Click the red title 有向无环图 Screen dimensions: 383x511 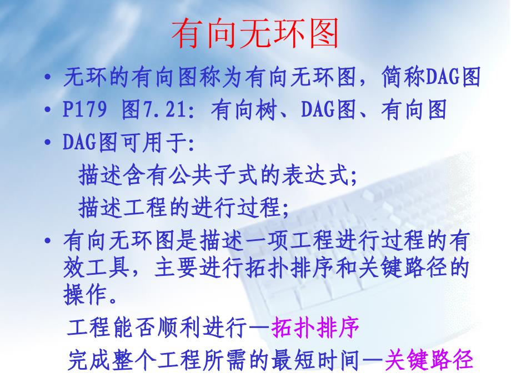(x=255, y=34)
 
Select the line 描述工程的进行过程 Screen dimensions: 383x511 (x=183, y=209)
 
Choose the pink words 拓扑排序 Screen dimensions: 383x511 (x=315, y=329)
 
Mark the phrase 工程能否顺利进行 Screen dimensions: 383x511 (x=158, y=329)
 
